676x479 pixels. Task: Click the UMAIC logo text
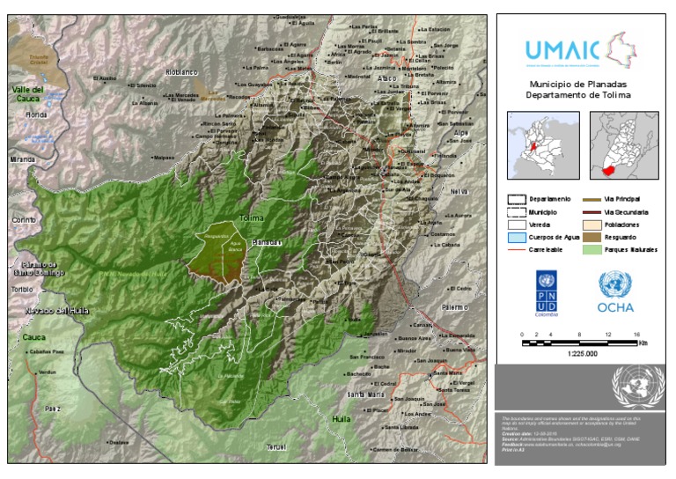562,48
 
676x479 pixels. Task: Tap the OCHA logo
615,292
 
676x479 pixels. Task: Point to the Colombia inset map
543,145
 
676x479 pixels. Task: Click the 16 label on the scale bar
636,335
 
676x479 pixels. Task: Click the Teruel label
277,447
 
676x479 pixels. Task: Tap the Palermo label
455,308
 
